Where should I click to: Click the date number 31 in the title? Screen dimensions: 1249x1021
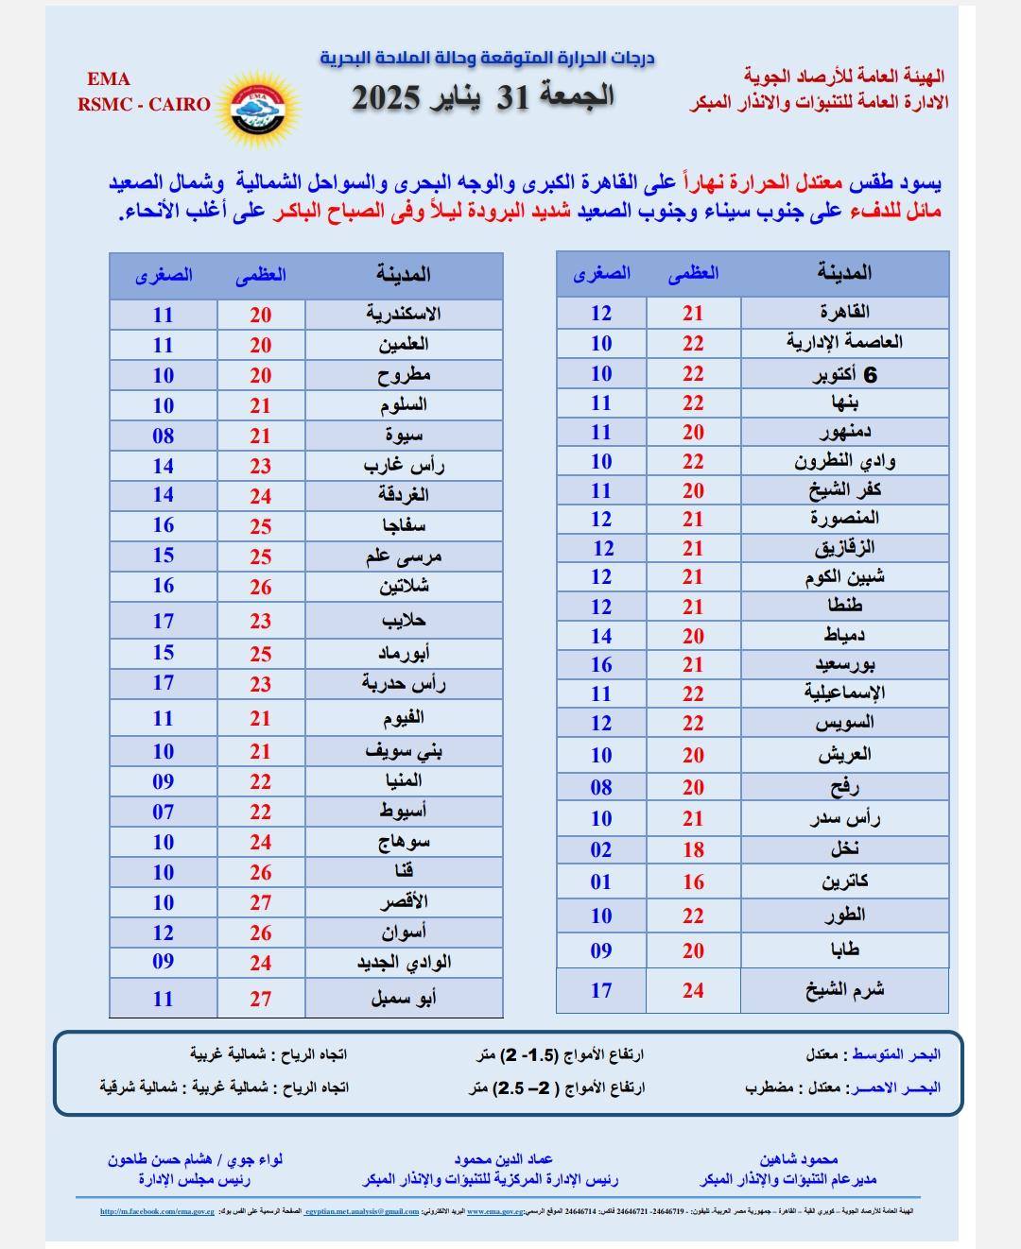coord(518,96)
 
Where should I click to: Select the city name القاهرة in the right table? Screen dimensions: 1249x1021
coord(844,312)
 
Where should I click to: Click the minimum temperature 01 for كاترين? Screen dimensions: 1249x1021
coord(601,882)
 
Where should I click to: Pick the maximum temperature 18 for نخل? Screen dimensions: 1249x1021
coord(693,849)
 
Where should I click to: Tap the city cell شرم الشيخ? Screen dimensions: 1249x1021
coord(844,990)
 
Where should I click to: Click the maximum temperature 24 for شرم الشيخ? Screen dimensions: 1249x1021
coord(693,990)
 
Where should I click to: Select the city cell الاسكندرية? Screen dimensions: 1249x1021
coord(404,315)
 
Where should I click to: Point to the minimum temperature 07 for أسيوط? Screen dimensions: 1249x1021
coord(164,812)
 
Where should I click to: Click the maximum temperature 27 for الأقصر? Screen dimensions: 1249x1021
coord(261,902)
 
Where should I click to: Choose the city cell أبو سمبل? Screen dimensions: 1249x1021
coord(404,998)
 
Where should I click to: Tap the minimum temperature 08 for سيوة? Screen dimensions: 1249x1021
coord(164,436)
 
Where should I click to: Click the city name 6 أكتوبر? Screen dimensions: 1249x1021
coord(844,375)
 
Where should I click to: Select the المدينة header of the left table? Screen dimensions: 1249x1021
coord(404,275)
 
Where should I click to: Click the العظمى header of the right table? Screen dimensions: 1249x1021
coord(693,274)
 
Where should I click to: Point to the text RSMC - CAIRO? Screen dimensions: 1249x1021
coord(145,104)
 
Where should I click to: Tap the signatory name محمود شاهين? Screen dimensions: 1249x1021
coord(798,1159)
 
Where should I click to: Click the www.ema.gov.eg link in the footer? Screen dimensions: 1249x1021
coord(488,1211)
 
